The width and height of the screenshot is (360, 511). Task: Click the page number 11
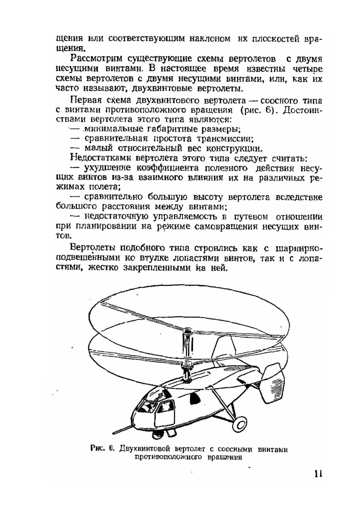click(318, 475)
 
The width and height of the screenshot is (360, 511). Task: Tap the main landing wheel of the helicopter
click(239, 425)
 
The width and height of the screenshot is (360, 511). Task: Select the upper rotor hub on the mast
click(187, 333)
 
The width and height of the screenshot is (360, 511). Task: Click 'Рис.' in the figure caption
click(99, 449)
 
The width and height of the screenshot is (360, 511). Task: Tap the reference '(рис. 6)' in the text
click(260, 110)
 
